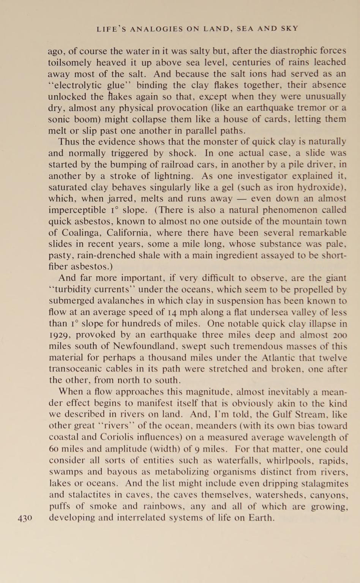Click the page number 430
[x=25, y=518]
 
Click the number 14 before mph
[x=172, y=312]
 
